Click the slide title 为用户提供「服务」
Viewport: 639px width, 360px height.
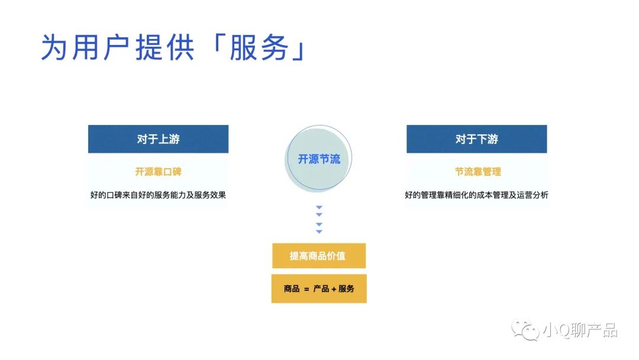click(x=174, y=47)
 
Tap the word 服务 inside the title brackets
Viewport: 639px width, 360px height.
click(x=259, y=47)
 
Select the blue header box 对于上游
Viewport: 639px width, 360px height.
click(x=158, y=139)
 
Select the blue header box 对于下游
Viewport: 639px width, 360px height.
click(x=477, y=139)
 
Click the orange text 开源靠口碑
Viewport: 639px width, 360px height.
click(x=158, y=172)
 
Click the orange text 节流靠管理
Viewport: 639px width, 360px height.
click(x=477, y=172)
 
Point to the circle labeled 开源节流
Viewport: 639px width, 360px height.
click(x=319, y=159)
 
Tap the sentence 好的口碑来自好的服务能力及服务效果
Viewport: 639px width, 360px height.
click(x=158, y=195)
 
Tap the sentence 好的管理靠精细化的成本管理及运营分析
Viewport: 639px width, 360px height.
click(x=476, y=195)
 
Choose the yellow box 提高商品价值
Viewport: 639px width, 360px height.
click(x=319, y=256)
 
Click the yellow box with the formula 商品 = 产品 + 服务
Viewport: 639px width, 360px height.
click(x=319, y=289)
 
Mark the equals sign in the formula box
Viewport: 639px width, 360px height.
click(x=306, y=290)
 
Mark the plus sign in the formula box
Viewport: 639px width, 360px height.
click(x=334, y=289)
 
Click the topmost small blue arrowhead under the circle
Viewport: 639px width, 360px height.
click(x=319, y=207)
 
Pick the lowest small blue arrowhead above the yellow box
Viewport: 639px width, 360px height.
click(x=319, y=232)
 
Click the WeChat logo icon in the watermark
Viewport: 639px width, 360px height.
click(x=526, y=330)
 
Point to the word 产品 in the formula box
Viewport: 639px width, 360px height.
click(x=321, y=289)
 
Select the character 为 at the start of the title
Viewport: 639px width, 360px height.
click(x=54, y=47)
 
